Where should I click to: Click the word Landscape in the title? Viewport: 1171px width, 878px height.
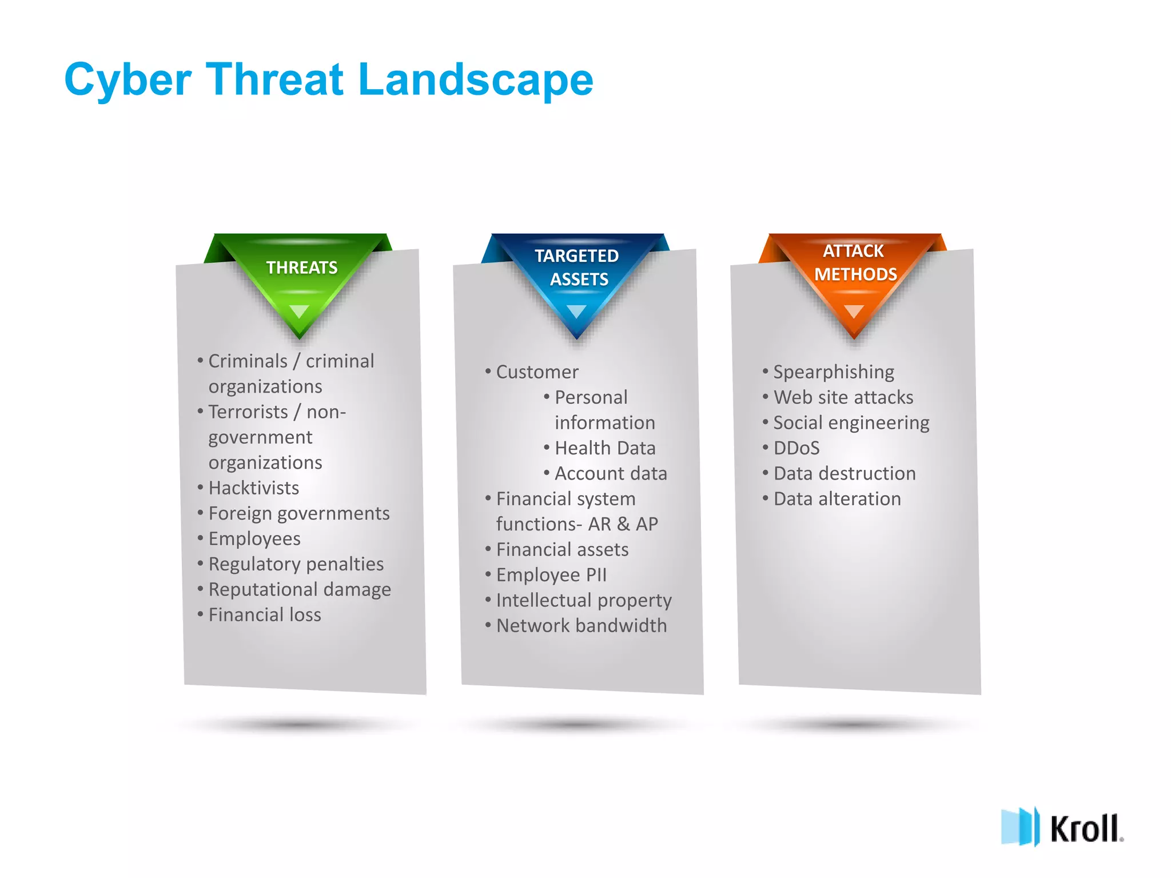coord(476,80)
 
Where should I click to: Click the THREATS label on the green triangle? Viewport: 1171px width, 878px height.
coord(302,268)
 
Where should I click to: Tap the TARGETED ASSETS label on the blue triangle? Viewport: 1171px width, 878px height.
coord(577,268)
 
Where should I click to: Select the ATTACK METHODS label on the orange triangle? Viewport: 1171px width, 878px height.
coord(855,263)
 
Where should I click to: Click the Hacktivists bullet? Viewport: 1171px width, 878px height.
coord(253,488)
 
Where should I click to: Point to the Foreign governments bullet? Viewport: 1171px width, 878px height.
coord(298,513)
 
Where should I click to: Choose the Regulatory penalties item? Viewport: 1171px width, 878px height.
coord(296,564)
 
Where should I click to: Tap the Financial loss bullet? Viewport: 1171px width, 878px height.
coord(264,615)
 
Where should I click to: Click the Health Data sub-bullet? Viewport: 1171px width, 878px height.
coord(605,448)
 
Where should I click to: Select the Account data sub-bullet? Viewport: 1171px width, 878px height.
coord(611,473)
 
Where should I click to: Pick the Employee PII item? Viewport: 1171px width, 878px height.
coord(551,575)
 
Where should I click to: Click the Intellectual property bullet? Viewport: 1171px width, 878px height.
coord(583,600)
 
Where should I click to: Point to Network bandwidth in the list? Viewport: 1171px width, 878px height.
coord(581,626)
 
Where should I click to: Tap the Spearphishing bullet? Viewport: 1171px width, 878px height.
coord(833,372)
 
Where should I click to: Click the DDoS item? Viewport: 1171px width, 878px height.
coord(796,448)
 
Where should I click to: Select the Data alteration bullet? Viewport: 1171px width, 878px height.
coord(837,499)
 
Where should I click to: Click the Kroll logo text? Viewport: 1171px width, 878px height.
coord(1085,829)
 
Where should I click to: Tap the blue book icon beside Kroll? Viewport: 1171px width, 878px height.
coord(1019,827)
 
